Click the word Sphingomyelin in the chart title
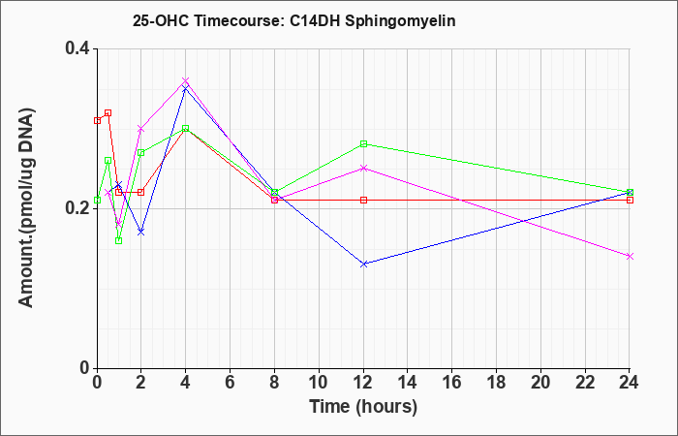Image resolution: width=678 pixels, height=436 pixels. (x=400, y=21)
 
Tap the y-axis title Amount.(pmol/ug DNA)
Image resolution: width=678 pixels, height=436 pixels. (x=26, y=208)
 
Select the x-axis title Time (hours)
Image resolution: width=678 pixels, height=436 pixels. (x=363, y=407)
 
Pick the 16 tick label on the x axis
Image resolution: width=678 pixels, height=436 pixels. (x=452, y=383)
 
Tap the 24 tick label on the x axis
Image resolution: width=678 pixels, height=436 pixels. (x=630, y=383)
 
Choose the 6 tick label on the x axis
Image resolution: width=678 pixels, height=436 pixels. (x=231, y=383)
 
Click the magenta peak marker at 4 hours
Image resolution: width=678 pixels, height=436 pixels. (x=186, y=80)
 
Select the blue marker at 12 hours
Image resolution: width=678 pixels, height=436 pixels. (x=363, y=264)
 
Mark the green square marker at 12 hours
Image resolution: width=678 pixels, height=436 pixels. (x=363, y=144)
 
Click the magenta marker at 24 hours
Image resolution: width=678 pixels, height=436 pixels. (x=630, y=256)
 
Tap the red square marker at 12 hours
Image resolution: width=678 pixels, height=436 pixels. (x=363, y=201)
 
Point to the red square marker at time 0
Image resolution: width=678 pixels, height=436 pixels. (x=97, y=121)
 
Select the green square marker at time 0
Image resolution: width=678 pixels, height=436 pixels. (x=97, y=201)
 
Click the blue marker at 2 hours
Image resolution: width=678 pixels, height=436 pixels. (x=141, y=233)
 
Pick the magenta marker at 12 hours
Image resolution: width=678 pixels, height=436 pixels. (x=363, y=168)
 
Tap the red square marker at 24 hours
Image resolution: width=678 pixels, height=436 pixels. (x=630, y=201)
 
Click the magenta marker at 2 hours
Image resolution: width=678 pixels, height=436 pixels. (x=141, y=129)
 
